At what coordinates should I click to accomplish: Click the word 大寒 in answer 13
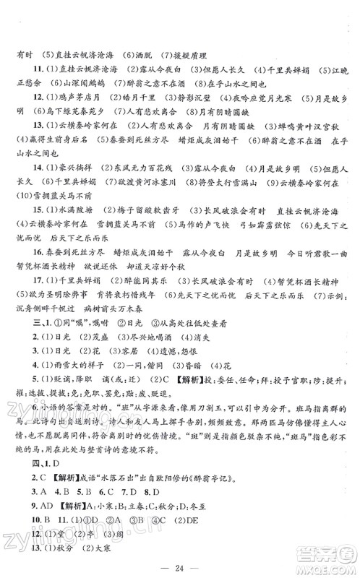coord(106,553)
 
